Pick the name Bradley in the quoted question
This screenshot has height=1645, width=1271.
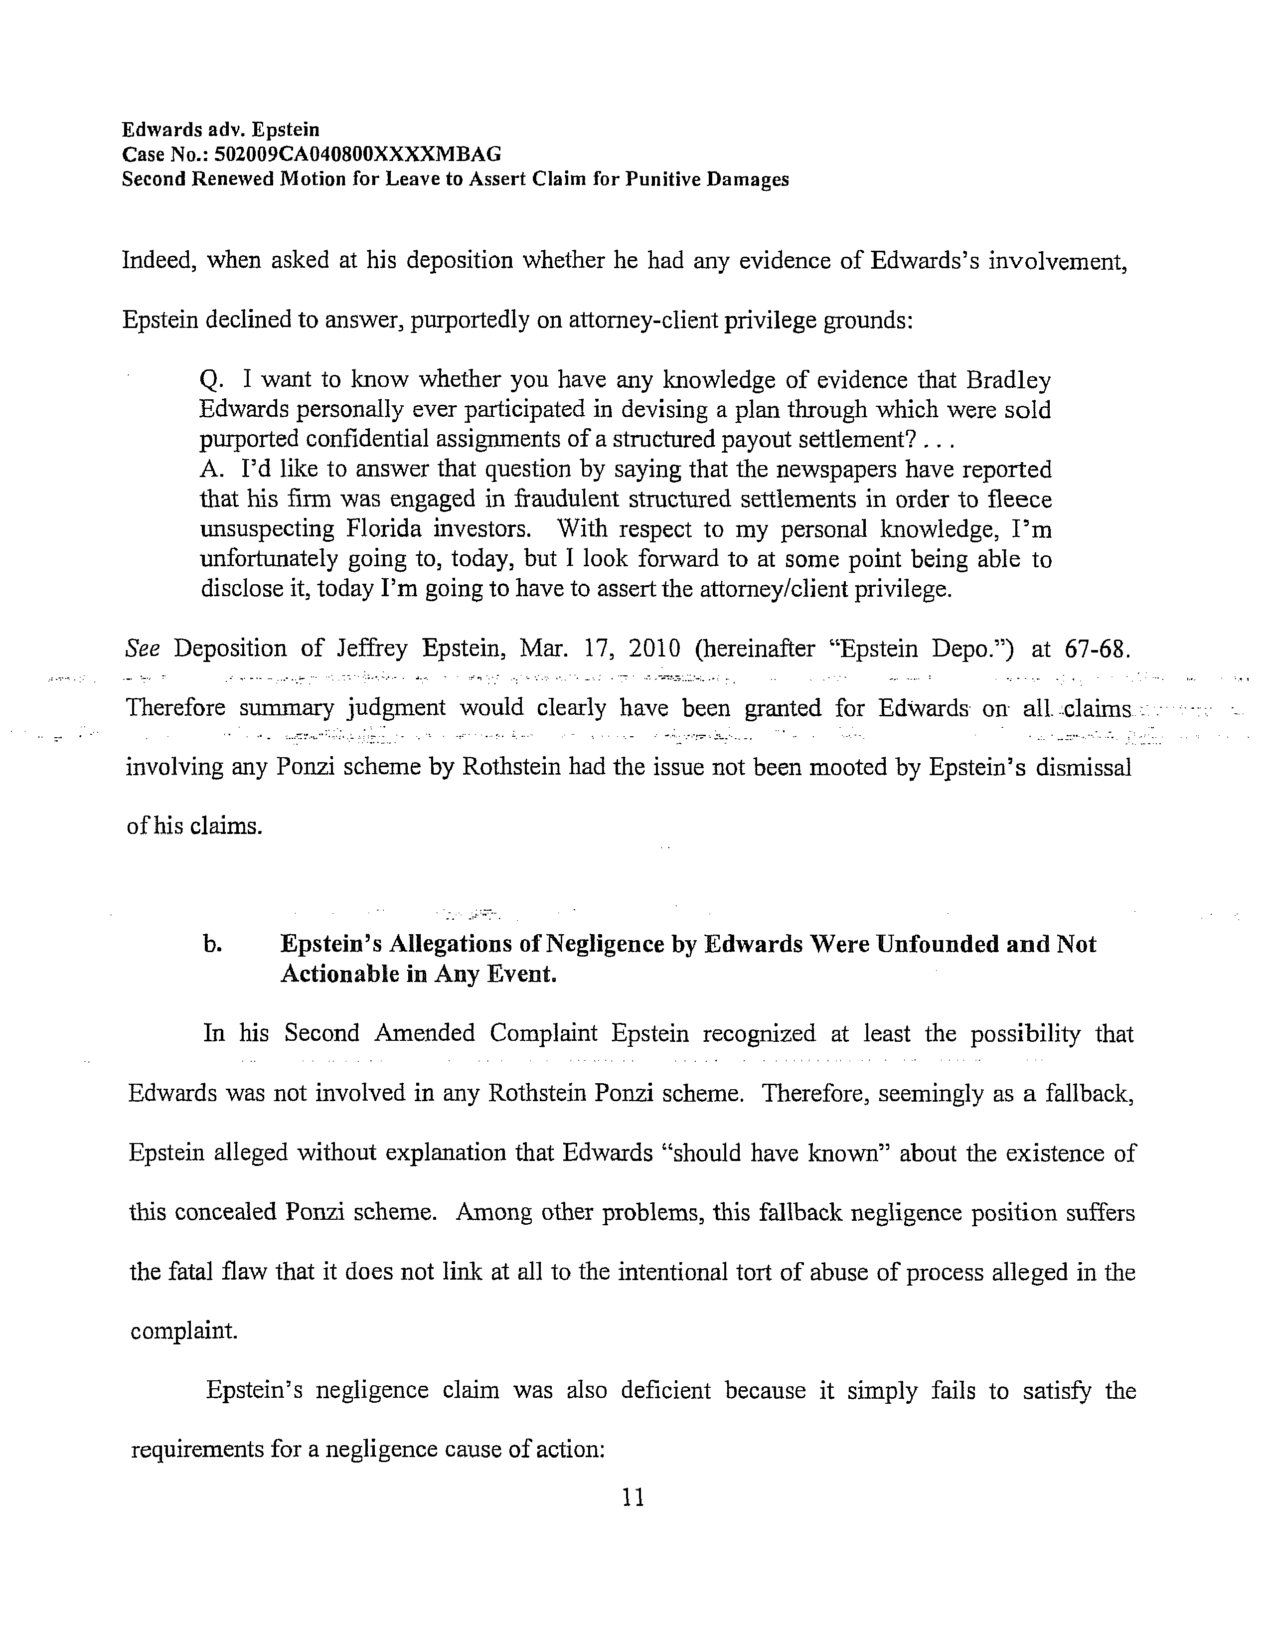(1008, 380)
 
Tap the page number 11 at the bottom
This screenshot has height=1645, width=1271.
(634, 1497)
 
